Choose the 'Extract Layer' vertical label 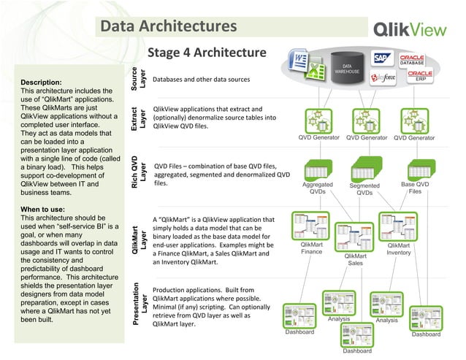point(138,118)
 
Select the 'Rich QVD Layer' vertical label point(138,169)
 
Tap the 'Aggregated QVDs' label point(318,188)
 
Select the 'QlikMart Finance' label point(311,248)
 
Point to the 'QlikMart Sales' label point(355,261)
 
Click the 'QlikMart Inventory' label point(399,249)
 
